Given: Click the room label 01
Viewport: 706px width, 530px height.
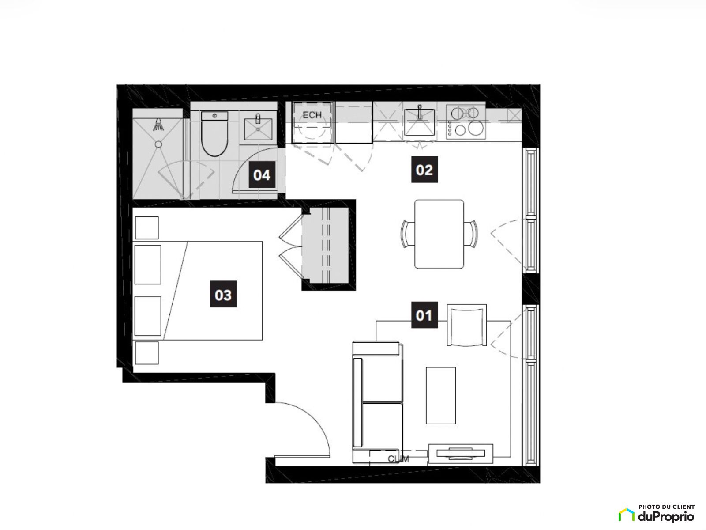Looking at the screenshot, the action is (424, 315).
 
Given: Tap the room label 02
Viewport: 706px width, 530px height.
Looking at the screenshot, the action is (424, 170).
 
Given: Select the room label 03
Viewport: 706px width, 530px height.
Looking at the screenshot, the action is (223, 294).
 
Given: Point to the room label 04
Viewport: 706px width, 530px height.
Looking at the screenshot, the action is (262, 174).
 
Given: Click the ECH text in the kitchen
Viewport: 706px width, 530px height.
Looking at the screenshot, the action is (312, 115).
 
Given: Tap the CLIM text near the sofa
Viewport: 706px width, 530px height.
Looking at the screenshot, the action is (398, 459).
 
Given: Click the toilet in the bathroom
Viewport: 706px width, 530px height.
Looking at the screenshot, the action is (214, 133).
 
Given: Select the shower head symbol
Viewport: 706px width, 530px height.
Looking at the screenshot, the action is (158, 125).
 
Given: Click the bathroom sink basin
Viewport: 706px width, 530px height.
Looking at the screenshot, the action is (258, 129).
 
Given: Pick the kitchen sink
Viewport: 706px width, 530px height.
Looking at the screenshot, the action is (420, 122).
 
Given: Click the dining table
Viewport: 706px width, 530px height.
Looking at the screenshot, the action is (439, 234).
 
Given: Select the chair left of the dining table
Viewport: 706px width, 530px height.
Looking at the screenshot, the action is (408, 234).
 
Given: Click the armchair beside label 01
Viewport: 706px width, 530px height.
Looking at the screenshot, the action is (467, 325).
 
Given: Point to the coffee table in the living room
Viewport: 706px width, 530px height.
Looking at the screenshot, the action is (441, 395).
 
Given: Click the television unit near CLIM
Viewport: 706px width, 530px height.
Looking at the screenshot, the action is (461, 454).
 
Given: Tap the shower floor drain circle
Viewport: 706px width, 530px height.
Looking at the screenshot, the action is (158, 144).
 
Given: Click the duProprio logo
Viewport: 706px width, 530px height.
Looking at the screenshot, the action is (656, 514).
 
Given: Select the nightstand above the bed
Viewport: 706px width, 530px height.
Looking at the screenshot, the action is (146, 228).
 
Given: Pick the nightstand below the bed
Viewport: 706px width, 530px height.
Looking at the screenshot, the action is (146, 353).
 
